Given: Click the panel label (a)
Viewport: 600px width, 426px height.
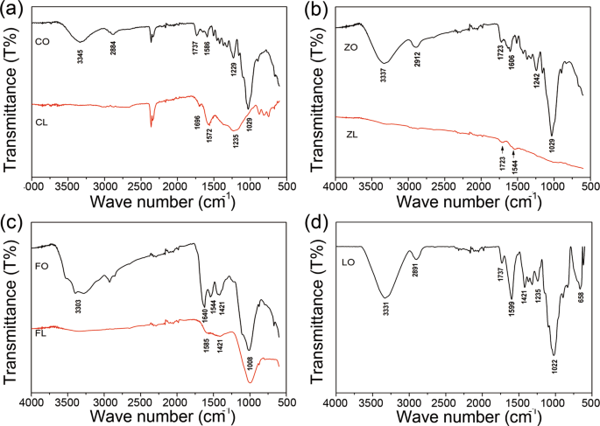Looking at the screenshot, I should pyautogui.click(x=12, y=9).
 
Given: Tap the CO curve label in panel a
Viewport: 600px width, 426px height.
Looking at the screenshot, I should pyautogui.click(x=41, y=41).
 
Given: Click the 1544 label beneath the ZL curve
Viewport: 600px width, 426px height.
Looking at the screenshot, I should pyautogui.click(x=515, y=162).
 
